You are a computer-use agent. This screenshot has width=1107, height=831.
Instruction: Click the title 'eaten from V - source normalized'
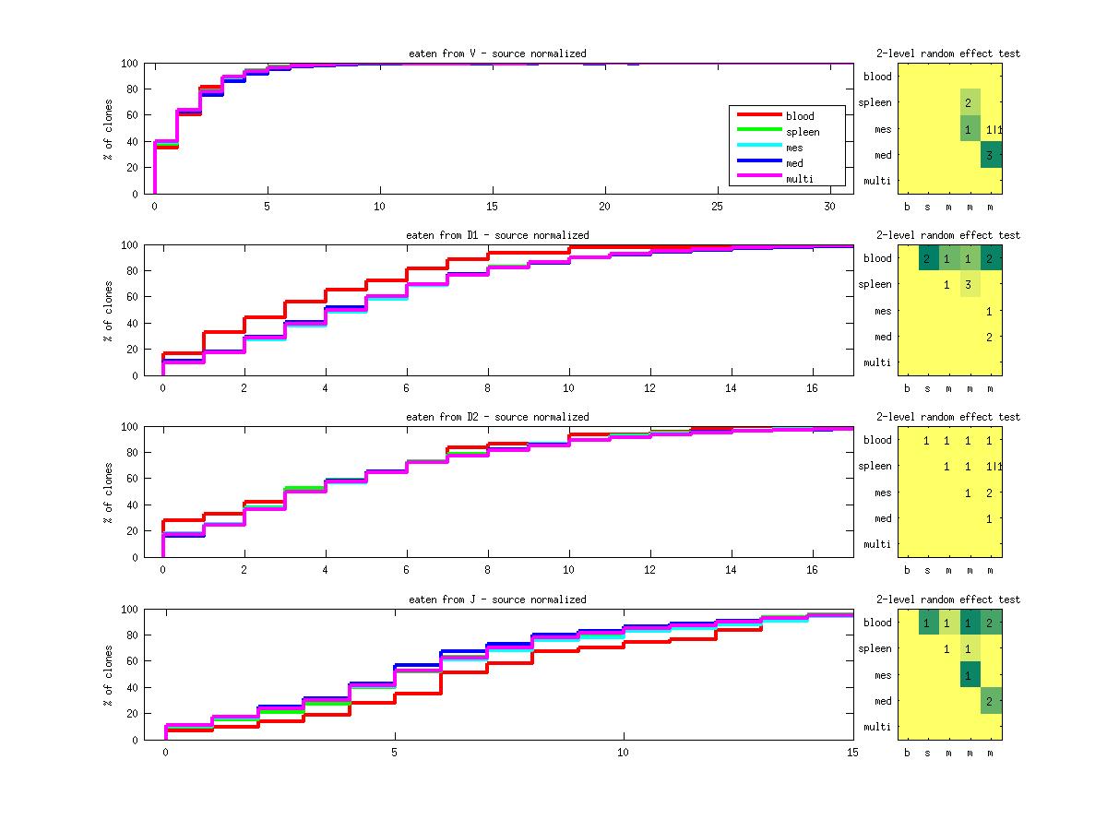[x=497, y=53]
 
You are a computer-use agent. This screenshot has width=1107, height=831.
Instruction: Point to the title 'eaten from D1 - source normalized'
[x=497, y=235]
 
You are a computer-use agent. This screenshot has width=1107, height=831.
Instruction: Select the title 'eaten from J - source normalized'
[x=497, y=600]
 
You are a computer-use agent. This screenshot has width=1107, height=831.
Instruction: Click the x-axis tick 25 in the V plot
[x=718, y=205]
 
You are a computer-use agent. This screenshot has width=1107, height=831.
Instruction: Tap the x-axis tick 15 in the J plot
[x=852, y=753]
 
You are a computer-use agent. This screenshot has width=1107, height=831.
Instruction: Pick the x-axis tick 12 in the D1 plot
[x=650, y=386]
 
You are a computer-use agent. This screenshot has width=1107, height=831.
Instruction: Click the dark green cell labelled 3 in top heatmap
[x=991, y=155]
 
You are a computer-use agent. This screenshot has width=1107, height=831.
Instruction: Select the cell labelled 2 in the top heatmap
[x=969, y=102]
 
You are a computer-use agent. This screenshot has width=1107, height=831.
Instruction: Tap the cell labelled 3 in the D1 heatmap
[x=969, y=285]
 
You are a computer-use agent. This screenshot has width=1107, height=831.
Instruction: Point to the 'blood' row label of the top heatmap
[x=877, y=77]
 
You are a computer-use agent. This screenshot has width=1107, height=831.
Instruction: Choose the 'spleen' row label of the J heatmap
[x=875, y=648]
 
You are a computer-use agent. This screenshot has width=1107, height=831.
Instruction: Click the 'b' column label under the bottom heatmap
[x=907, y=752]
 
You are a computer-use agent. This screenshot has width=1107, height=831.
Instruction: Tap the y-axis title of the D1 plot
[x=108, y=310]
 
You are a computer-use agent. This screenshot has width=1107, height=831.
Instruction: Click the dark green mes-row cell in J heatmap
[x=969, y=675]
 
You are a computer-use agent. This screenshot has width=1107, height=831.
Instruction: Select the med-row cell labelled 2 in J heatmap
[x=991, y=701]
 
